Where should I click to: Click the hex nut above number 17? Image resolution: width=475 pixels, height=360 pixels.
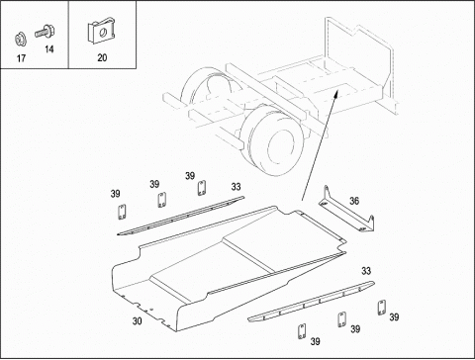pyautogui.click(x=21, y=39)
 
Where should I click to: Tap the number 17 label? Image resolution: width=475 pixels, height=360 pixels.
pyautogui.click(x=21, y=58)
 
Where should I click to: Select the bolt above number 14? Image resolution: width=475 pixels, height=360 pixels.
pyautogui.click(x=45, y=32)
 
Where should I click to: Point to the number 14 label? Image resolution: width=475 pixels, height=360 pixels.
pyautogui.click(x=49, y=49)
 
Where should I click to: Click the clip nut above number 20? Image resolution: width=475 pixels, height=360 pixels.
pyautogui.click(x=101, y=32)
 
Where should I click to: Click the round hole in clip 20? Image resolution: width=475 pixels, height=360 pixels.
pyautogui.click(x=103, y=33)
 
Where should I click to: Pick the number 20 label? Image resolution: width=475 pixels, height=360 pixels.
pyautogui.click(x=102, y=57)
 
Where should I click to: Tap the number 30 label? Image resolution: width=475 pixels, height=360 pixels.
pyautogui.click(x=138, y=320)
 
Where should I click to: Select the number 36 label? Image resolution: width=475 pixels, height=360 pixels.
pyautogui.click(x=354, y=201)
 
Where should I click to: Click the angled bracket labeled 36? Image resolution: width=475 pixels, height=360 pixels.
pyautogui.click(x=346, y=215)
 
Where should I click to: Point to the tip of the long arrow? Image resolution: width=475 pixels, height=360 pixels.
pyautogui.click(x=337, y=90)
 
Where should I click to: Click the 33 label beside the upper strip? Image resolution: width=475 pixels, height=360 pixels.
pyautogui.click(x=236, y=187)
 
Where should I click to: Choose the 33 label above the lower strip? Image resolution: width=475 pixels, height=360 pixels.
pyautogui.click(x=366, y=271)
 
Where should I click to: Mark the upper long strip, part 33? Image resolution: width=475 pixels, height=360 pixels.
pyautogui.click(x=181, y=216)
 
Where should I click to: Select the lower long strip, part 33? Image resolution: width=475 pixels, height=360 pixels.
pyautogui.click(x=312, y=301)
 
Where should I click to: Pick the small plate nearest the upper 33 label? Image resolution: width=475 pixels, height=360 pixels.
pyautogui.click(x=202, y=188)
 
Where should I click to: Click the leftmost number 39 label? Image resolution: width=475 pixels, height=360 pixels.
pyautogui.click(x=115, y=194)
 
